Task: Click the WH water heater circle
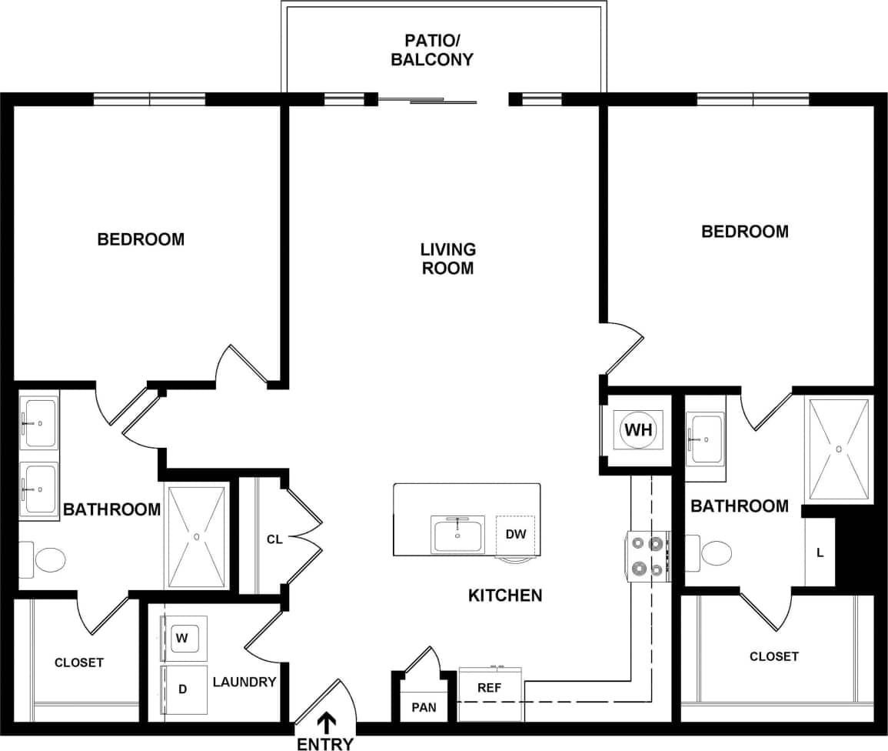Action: [x=638, y=430]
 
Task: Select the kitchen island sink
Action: [x=458, y=534]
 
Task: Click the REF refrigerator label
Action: [x=489, y=688]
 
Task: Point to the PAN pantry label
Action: [x=424, y=707]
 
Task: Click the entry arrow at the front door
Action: [x=327, y=722]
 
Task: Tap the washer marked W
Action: [x=182, y=638]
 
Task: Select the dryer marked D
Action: [x=183, y=689]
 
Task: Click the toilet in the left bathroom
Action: [x=48, y=559]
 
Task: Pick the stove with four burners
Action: [x=647, y=556]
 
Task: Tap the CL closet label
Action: [x=274, y=539]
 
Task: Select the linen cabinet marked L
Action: [x=820, y=552]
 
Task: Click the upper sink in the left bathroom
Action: [x=38, y=422]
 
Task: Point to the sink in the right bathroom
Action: [x=705, y=439]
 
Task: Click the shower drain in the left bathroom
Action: [x=197, y=536]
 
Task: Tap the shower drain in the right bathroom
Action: [x=839, y=448]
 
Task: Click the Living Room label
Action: [x=447, y=259]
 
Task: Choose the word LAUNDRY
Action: [x=244, y=682]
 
